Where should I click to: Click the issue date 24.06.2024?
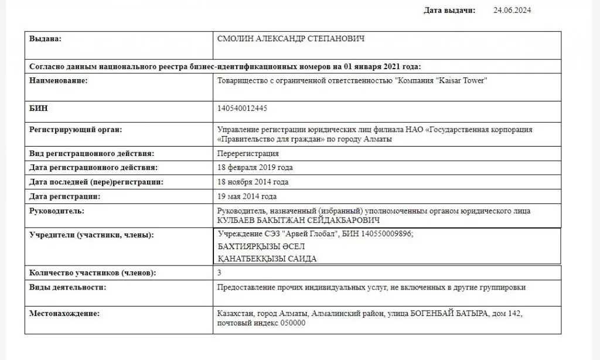[x=512, y=10]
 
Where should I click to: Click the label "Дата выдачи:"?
[x=449, y=10]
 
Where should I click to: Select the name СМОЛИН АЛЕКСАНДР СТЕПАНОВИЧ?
[x=291, y=39]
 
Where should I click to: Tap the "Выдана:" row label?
[x=45, y=39]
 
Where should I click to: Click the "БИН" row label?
[x=39, y=108]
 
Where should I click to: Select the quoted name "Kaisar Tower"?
[x=463, y=80]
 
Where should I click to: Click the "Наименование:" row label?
[x=58, y=80]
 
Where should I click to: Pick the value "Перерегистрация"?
[x=248, y=154]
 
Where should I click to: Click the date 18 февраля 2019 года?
[x=255, y=168]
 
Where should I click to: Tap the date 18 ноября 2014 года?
[x=253, y=182]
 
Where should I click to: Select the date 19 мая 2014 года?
[x=247, y=196]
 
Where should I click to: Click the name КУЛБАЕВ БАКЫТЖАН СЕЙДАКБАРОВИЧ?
[x=298, y=220]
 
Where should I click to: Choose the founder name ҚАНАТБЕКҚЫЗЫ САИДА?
[x=267, y=259]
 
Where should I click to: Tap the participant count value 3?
[x=219, y=273]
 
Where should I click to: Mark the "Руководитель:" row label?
[x=57, y=210]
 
